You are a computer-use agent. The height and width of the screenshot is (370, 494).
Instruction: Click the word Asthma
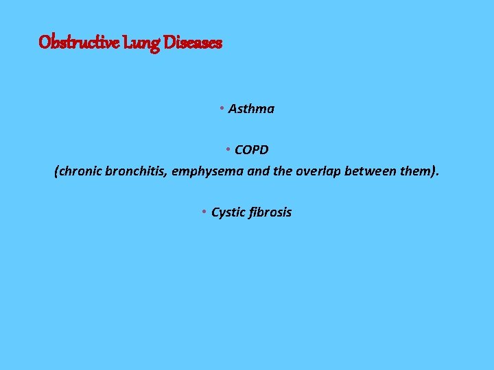[251, 109]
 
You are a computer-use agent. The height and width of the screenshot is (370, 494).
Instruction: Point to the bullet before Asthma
[222, 109]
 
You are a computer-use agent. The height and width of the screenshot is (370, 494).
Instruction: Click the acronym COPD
[251, 150]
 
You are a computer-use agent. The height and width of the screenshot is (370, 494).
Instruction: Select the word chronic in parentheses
[81, 171]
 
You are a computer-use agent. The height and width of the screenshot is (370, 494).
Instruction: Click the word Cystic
[228, 212]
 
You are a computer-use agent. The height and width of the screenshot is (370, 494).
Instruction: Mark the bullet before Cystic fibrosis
[204, 212]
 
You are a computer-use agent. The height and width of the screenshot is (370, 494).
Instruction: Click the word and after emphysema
[258, 171]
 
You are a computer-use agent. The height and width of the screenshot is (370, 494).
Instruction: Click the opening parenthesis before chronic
[56, 171]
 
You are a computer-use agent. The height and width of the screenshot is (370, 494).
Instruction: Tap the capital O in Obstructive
[45, 42]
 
